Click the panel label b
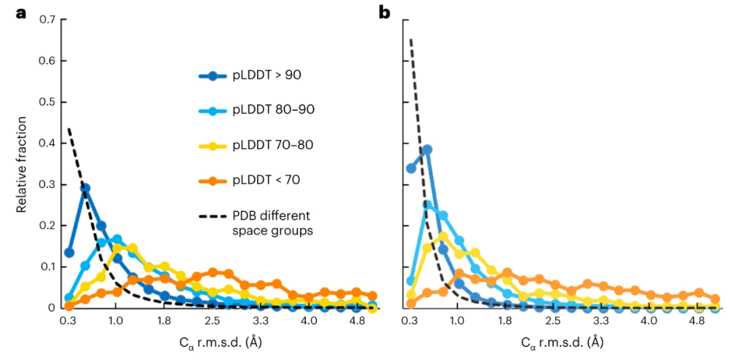point(384,12)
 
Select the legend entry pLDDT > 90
point(267,75)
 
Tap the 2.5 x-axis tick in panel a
point(213,322)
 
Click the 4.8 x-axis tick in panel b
point(699,322)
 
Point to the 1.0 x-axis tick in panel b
point(456,322)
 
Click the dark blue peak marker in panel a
point(85,188)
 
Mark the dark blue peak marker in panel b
point(427,150)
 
